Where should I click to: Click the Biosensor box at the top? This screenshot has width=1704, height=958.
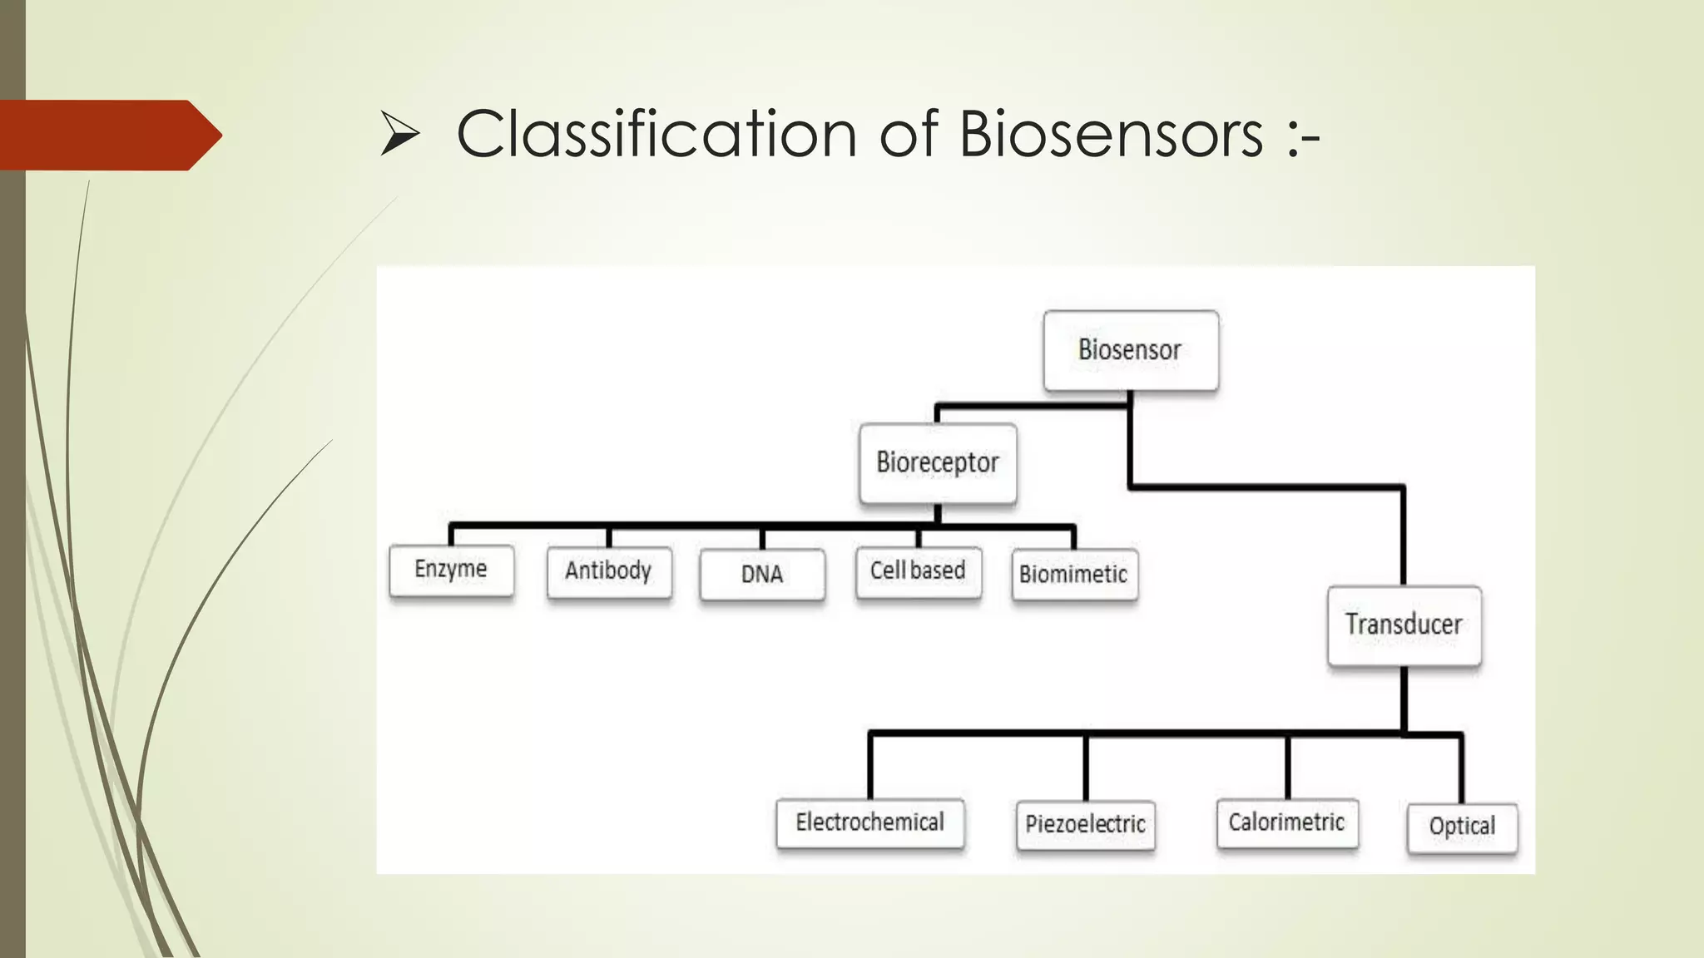[x=1131, y=350]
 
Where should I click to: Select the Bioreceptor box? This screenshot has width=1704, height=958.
[x=938, y=463]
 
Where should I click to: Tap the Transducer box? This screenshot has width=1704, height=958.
[x=1404, y=625]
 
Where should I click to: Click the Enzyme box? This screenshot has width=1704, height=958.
[x=451, y=570]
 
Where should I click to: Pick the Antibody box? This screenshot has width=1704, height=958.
[x=609, y=571]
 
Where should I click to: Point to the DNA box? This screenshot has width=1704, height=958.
[x=762, y=574]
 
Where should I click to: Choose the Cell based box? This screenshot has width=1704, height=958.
[x=918, y=571]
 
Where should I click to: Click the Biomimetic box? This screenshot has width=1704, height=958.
[x=1073, y=575]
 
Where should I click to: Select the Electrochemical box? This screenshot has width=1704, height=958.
[x=869, y=823]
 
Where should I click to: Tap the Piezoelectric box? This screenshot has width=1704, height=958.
[x=1085, y=825]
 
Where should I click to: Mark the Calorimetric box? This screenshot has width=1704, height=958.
[x=1286, y=823]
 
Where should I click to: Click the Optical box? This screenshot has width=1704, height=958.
[x=1462, y=827]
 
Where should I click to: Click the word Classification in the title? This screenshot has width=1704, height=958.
[x=656, y=134]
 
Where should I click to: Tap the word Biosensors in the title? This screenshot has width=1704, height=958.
[x=1111, y=134]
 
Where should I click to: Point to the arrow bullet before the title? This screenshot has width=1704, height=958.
[x=399, y=136]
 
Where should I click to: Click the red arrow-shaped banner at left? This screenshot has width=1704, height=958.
[x=108, y=135]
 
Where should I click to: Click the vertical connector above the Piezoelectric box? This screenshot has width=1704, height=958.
[x=1086, y=767]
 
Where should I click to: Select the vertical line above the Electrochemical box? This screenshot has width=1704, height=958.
[x=870, y=765]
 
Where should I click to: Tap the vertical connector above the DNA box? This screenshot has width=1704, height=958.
[x=762, y=538]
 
